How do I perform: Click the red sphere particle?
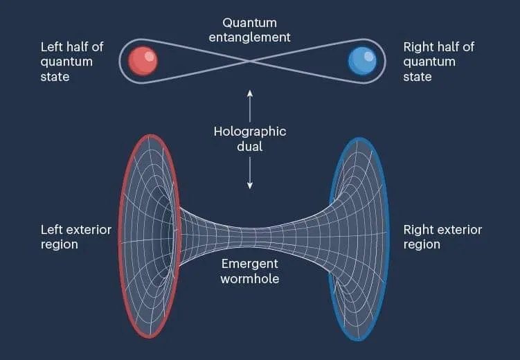click(x=144, y=60)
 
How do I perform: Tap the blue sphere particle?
click(x=361, y=60)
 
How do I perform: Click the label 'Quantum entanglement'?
click(x=250, y=29)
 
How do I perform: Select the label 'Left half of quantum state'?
click(x=71, y=61)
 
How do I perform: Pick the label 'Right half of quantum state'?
click(x=438, y=61)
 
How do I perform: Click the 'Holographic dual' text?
click(x=250, y=138)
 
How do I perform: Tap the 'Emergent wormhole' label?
click(x=250, y=271)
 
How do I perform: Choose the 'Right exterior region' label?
click(x=442, y=237)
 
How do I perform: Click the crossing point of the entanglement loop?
click(x=250, y=60)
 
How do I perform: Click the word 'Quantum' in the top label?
click(x=250, y=22)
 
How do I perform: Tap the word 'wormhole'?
click(x=250, y=278)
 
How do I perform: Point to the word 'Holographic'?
click(x=250, y=131)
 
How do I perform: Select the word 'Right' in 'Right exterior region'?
click(x=418, y=229)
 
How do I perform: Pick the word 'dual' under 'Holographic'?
click(x=250, y=145)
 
